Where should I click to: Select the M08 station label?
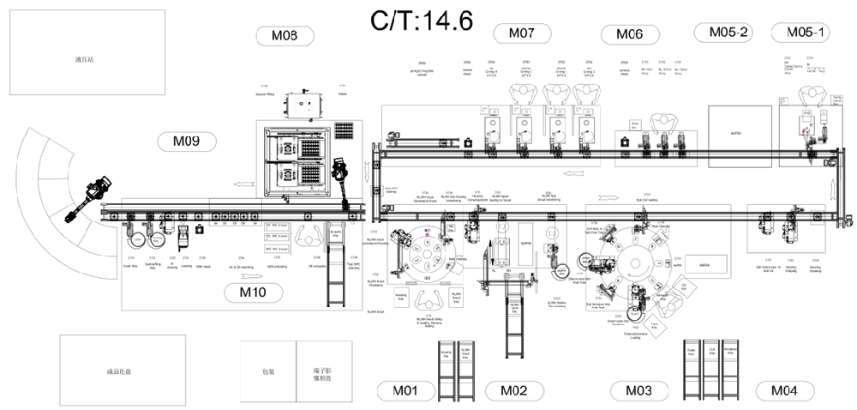click(285, 36)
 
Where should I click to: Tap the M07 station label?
click(522, 33)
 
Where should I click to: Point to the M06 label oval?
click(629, 34)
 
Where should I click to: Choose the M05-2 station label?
click(723, 33)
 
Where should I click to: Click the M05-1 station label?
click(800, 33)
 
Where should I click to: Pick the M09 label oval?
click(186, 142)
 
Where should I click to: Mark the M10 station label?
click(253, 292)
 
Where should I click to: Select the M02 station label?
click(514, 391)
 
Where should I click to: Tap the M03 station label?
click(638, 391)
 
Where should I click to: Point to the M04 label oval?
click(784, 391)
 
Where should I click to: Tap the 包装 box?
click(268, 371)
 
